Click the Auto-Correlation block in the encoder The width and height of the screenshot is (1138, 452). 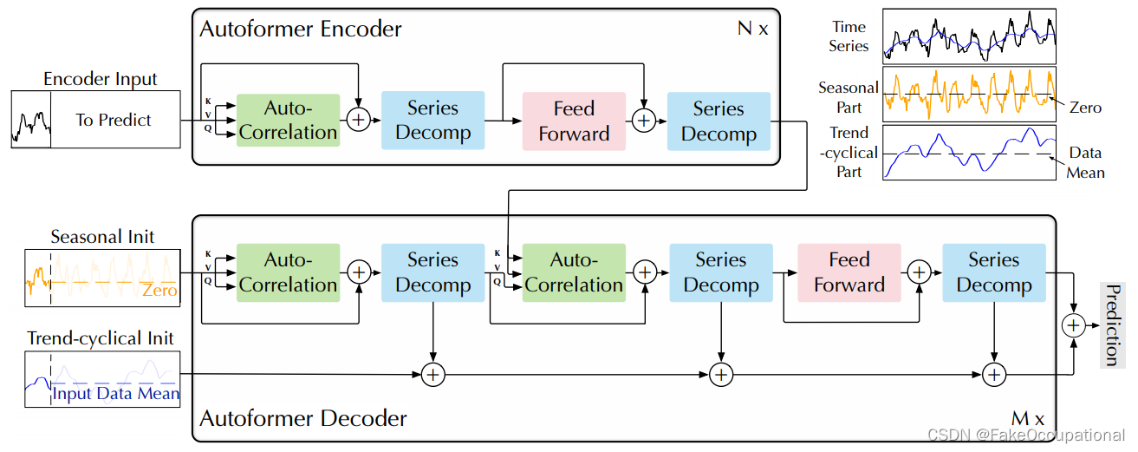288,121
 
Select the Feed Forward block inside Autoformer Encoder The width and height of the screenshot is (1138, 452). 574,121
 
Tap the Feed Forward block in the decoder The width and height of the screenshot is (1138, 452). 849,272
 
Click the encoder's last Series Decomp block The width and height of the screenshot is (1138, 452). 719,121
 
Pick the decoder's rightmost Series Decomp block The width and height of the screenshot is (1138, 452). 993,272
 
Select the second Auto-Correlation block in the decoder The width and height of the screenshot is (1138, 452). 574,272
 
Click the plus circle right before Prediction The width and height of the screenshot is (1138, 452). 1074,324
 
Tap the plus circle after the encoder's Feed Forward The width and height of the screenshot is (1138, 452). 643,121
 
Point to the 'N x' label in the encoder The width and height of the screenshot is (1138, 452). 752,29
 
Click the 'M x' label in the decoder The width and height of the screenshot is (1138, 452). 1027,419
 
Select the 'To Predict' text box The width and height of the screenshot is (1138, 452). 114,120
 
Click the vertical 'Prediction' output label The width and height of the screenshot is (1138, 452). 1112,324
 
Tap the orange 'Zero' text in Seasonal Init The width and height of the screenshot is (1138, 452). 159,291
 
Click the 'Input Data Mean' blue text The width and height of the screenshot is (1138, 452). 116,394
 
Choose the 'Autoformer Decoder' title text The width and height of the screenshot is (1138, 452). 303,419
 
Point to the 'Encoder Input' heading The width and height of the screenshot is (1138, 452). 101,79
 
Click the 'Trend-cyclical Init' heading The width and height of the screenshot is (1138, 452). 101,338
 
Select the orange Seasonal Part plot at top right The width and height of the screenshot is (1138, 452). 968,94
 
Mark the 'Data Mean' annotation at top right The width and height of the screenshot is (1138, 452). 1085,162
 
